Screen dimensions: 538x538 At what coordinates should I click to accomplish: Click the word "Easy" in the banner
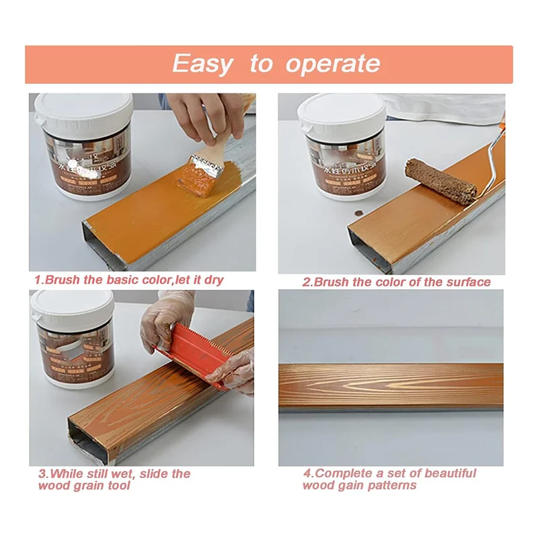click(201, 64)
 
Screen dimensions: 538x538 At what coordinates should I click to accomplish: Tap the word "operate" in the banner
click(332, 65)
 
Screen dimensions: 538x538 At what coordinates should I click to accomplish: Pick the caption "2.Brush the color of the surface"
click(396, 282)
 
